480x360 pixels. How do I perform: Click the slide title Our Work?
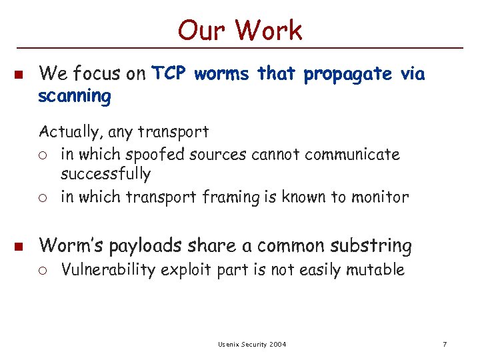click(240, 30)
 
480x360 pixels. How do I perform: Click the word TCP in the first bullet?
click(169, 73)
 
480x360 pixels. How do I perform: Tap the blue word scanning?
click(75, 97)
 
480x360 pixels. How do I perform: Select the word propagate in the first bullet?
click(347, 73)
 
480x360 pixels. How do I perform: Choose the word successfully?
click(105, 175)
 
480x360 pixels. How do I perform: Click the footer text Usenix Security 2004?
click(252, 344)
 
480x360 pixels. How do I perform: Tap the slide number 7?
click(445, 344)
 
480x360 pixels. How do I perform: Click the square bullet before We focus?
click(19, 73)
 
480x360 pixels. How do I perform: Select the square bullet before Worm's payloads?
click(19, 246)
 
